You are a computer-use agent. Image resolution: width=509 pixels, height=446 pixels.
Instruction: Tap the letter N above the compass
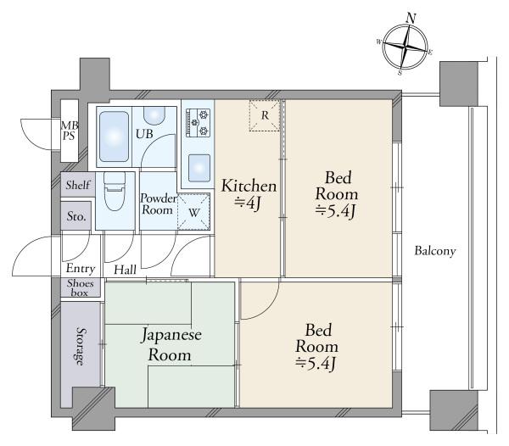[x=411, y=18]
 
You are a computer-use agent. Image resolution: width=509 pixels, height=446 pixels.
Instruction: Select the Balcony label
[x=435, y=251]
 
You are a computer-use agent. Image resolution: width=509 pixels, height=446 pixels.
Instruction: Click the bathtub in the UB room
[x=114, y=136]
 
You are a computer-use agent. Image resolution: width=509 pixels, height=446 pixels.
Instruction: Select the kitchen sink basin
[x=199, y=164]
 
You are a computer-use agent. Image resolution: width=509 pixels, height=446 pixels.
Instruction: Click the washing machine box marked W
[x=194, y=211]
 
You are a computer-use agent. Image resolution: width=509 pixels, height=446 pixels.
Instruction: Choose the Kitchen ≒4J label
[x=248, y=193]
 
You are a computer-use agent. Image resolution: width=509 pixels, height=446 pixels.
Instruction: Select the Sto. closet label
[x=76, y=216]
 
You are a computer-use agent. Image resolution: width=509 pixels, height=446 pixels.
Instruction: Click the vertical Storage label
[x=81, y=346]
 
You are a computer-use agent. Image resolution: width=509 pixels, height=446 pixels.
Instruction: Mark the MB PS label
[x=69, y=133]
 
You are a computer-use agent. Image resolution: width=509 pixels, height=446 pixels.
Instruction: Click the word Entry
[x=80, y=269]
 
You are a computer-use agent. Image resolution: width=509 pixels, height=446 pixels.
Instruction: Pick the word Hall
[x=126, y=269]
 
